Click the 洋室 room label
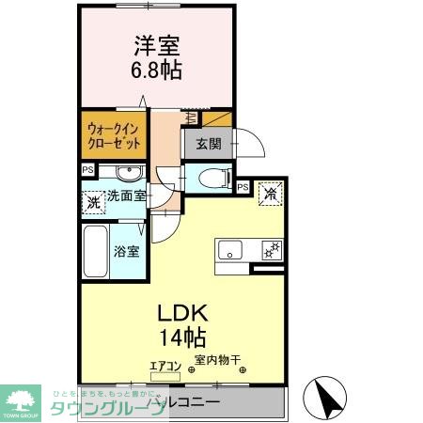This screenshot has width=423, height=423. tap(155, 46)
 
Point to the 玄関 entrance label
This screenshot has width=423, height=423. tap(209, 144)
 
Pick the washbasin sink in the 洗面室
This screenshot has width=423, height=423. tap(129, 173)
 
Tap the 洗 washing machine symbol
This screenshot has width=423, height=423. tap(93, 201)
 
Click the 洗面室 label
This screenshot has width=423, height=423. tap(126, 196)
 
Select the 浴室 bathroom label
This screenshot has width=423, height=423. tap(127, 251)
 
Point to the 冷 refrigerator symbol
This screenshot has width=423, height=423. tap(270, 194)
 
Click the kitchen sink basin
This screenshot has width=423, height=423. tap(231, 250)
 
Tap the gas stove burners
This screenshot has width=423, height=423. tap(271, 250)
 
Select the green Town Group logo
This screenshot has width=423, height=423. tap(21, 400)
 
